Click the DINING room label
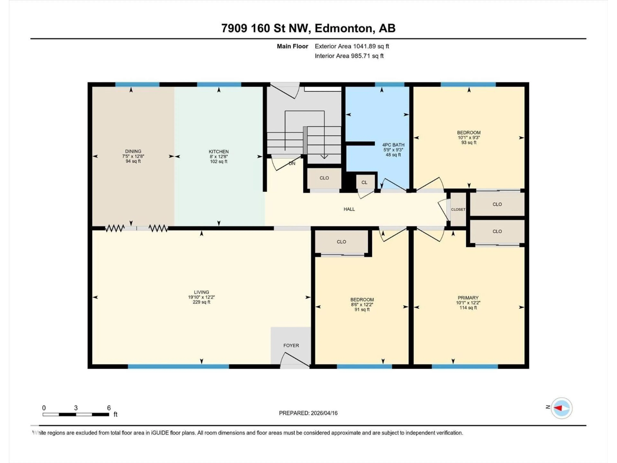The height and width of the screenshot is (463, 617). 133,151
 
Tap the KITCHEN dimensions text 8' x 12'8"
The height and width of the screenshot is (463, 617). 219,157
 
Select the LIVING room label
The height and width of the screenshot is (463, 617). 201,292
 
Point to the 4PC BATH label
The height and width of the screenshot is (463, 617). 393,145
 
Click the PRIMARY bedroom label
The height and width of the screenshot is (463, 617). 468,298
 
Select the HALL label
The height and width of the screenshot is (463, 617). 349,209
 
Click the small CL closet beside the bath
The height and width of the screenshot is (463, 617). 364,182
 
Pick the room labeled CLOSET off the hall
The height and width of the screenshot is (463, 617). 458,209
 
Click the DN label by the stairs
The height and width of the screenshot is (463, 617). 292,163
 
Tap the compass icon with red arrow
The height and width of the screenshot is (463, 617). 562,408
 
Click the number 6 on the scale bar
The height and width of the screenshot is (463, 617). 109,408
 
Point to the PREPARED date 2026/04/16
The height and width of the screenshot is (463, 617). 308,413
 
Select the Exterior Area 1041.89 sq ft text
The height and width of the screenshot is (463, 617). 352,46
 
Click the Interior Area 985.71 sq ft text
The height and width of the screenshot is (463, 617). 349,56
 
